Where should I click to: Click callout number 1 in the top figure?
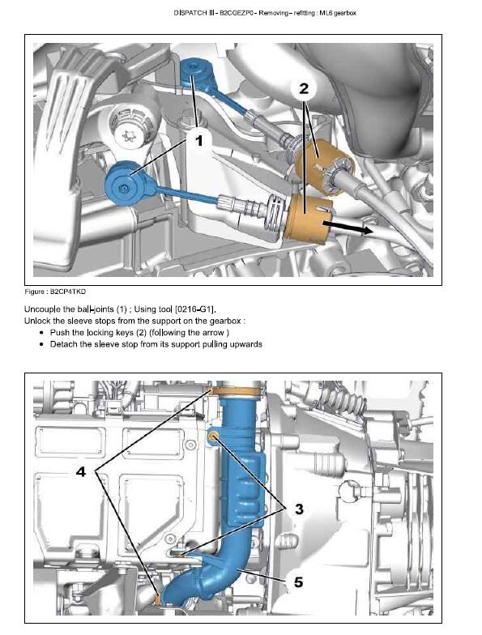[x=198, y=141]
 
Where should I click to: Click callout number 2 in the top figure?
[x=304, y=88]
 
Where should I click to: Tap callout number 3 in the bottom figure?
[x=299, y=509]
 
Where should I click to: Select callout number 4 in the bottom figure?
[x=81, y=471]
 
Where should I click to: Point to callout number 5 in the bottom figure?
[x=298, y=582]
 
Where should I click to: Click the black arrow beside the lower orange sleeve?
[x=348, y=228]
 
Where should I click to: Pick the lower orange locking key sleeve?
[x=308, y=219]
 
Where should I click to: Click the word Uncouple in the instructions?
[x=42, y=309]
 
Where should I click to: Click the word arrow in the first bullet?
[x=213, y=333]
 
